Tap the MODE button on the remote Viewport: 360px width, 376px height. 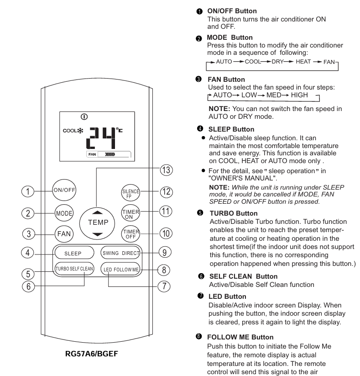[x=64, y=213]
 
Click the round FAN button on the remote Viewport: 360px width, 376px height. [x=64, y=234]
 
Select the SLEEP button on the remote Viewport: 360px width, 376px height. [x=74, y=253]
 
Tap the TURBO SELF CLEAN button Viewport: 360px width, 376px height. [x=74, y=269]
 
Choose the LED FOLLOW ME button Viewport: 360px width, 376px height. [x=120, y=269]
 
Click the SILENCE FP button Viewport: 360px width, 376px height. [x=130, y=193]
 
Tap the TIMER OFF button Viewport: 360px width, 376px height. [x=130, y=234]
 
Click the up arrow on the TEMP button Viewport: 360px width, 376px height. [x=97, y=212]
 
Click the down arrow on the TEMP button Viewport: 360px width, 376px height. [x=97, y=234]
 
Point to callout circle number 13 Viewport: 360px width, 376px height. [x=166, y=170]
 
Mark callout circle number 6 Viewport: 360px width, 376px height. [x=28, y=286]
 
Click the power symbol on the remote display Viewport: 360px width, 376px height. [x=84, y=117]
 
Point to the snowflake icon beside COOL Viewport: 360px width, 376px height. [x=80, y=131]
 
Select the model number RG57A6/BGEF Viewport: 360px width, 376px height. [x=92, y=354]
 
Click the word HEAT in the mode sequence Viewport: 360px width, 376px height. [x=303, y=62]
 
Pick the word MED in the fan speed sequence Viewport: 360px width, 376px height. [x=274, y=95]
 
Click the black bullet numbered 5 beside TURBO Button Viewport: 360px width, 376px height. [x=200, y=213]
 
